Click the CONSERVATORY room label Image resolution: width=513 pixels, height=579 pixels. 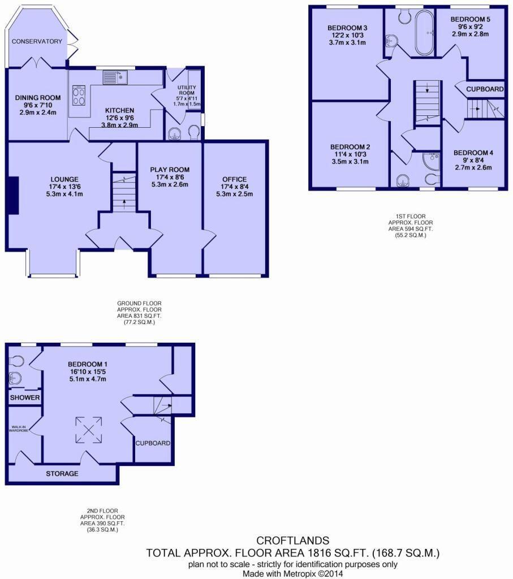click(x=37, y=41)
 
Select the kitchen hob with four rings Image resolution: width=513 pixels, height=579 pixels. click(x=79, y=95)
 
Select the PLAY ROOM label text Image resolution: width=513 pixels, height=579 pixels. click(x=170, y=170)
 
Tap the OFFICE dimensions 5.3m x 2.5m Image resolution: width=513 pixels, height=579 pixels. click(x=234, y=194)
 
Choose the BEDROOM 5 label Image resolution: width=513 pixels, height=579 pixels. click(x=471, y=19)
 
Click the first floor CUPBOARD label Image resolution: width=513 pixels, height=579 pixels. click(x=485, y=89)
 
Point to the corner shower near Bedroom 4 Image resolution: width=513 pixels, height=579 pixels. click(x=430, y=160)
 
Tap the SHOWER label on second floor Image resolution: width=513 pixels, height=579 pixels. click(x=25, y=397)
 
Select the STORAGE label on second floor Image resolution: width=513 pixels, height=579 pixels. click(x=62, y=473)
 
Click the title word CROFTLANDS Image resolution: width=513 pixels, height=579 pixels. click(x=292, y=541)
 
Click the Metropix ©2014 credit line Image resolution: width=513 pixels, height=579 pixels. click(x=292, y=573)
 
